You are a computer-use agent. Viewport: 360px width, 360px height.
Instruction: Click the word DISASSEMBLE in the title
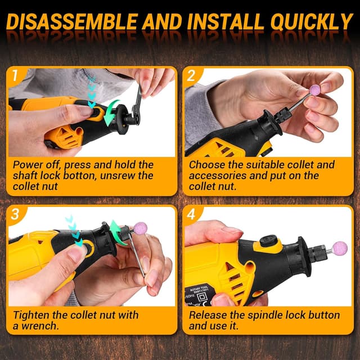74,22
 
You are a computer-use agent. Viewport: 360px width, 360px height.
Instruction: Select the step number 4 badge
191,214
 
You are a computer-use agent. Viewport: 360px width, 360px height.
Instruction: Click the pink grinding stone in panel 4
339,248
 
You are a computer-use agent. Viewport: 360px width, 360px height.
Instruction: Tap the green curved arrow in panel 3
118,232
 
